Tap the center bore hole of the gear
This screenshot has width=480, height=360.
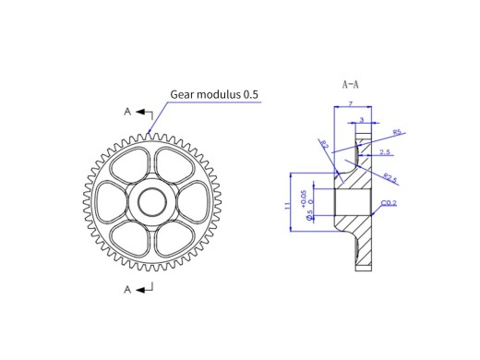point(148,201)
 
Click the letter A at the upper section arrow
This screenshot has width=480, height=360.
point(128,112)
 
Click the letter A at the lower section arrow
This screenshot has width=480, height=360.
point(128,290)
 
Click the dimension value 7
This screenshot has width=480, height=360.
point(352,103)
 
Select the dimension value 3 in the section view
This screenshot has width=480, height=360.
point(361,119)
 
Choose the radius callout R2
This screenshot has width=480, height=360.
point(325,145)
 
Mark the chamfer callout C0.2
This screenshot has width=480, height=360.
point(389,203)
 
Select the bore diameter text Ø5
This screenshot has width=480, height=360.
point(309,213)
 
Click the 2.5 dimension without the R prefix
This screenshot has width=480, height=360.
point(384,152)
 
